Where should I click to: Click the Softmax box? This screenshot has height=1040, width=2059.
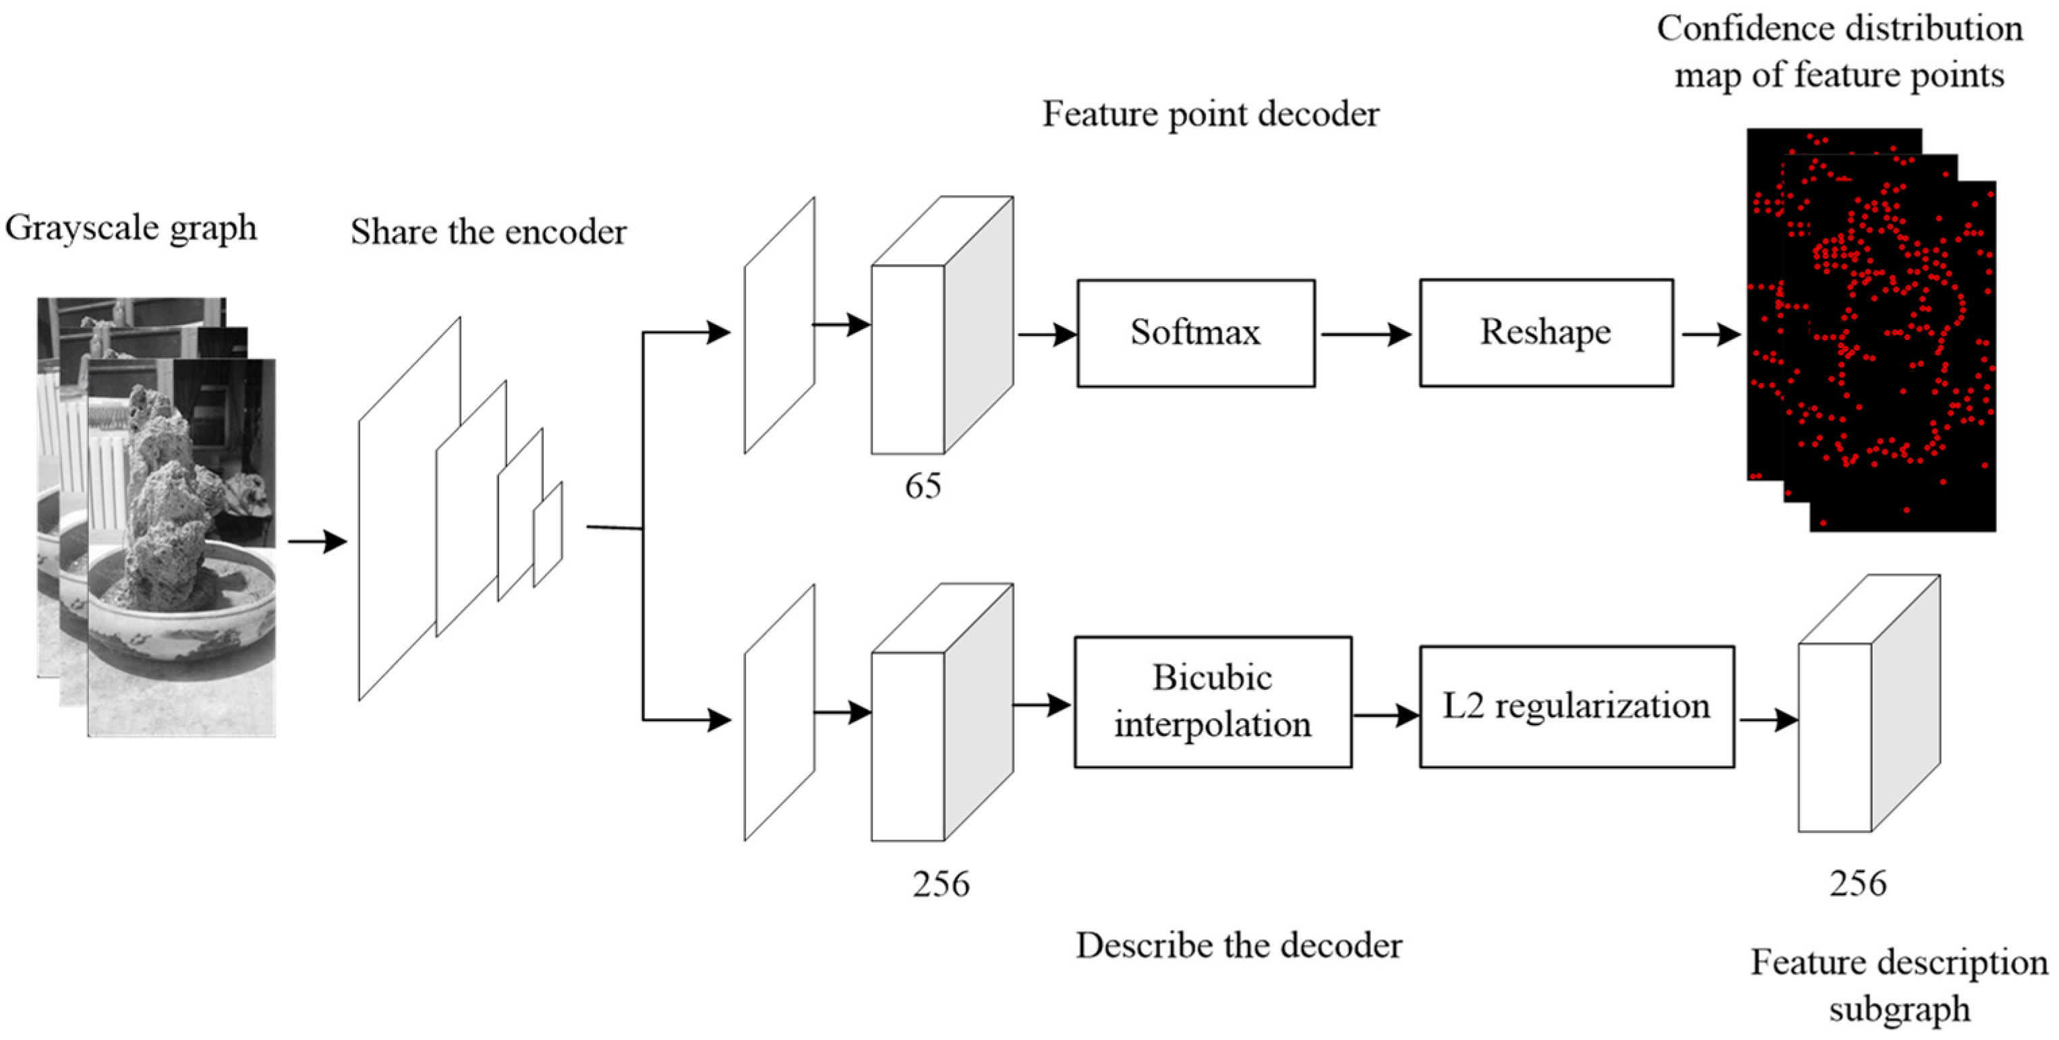1196,333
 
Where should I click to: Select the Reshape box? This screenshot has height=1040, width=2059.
1546,333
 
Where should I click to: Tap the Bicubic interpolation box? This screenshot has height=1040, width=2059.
1213,702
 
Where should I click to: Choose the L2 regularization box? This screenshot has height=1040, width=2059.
1576,707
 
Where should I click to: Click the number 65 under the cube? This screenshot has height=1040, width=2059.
923,486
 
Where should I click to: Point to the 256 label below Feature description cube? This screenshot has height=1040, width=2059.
1859,884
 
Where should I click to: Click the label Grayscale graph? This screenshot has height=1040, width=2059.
131,228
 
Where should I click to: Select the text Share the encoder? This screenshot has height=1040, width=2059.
488,232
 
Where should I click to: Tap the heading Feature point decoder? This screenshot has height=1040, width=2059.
1210,114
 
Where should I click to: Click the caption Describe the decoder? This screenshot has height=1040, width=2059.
1238,946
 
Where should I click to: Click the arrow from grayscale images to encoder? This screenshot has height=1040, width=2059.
318,542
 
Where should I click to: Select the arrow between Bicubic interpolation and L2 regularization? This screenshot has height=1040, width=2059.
1385,715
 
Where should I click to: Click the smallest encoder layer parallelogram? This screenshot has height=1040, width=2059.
548,534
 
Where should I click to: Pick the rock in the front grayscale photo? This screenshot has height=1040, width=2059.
168,496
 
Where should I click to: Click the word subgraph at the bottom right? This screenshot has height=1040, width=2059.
1899,1009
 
